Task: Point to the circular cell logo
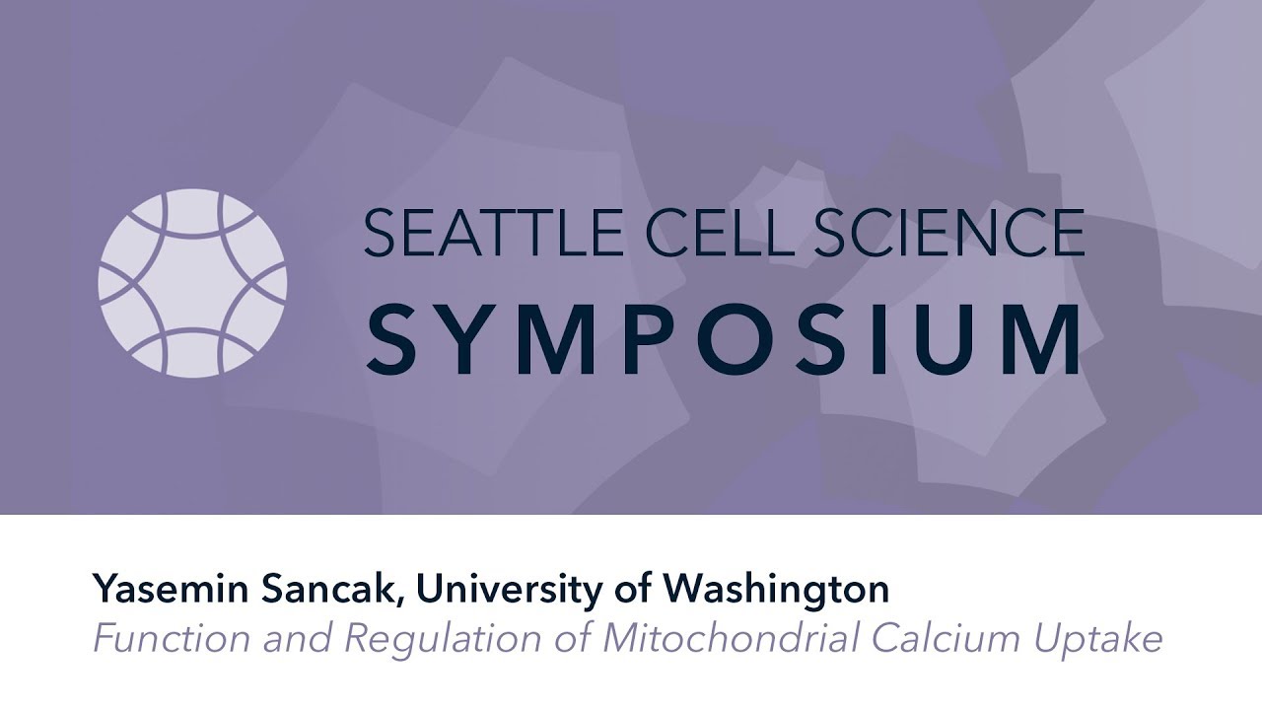[192, 283]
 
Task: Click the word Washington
[776, 590]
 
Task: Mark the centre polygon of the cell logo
[192, 283]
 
